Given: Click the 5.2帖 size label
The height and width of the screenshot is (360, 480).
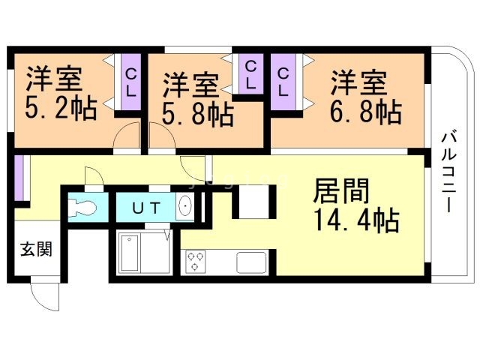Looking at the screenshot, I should click(62, 110).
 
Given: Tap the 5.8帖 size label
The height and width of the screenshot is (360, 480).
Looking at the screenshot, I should click(197, 114).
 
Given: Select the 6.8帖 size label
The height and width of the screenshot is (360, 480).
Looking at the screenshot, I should click(365, 110).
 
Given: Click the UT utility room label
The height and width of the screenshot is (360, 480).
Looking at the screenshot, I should click(146, 208).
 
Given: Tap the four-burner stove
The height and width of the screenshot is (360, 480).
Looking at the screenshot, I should click(196, 261).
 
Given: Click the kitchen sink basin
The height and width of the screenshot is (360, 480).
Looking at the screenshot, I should click(250, 262).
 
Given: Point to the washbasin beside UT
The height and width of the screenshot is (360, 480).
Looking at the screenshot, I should click(185, 207).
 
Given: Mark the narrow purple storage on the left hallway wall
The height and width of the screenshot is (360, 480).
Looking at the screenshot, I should click(17, 178).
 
